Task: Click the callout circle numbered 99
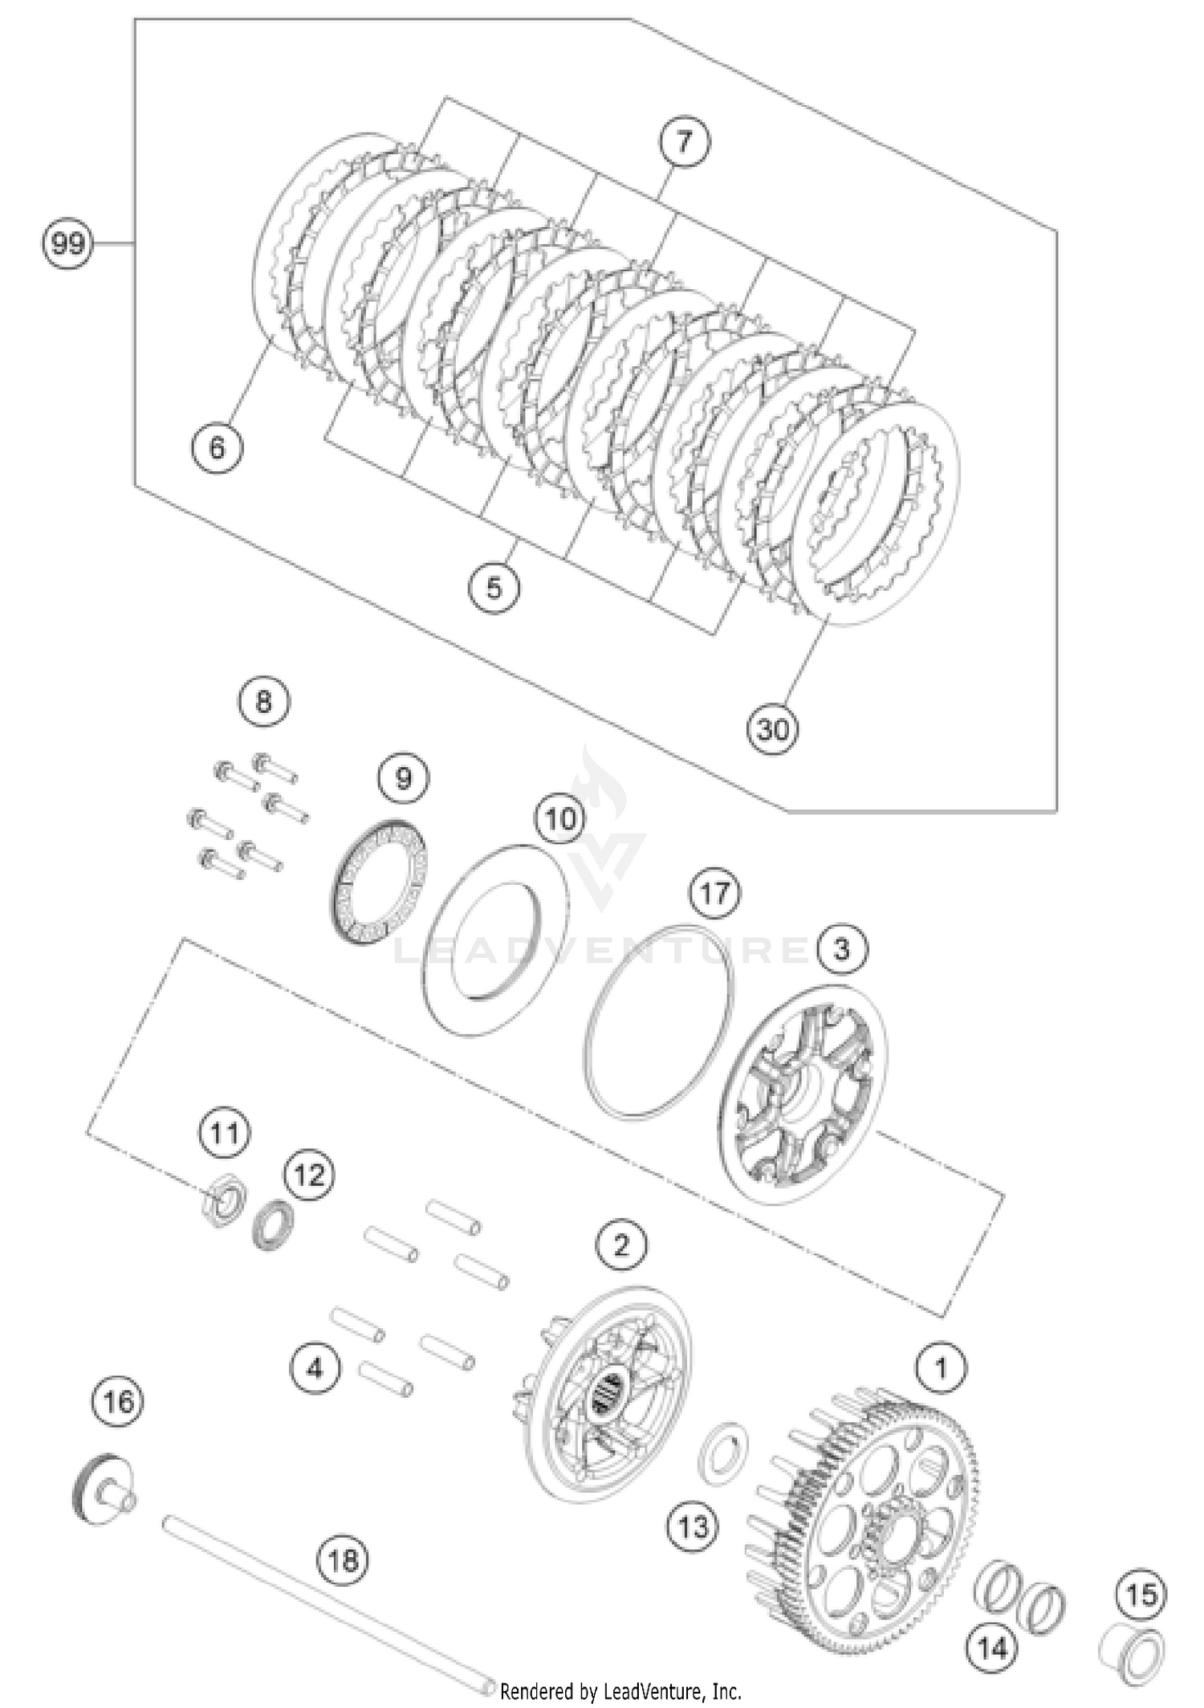point(67,243)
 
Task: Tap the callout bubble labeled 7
point(684,142)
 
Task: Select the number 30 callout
point(773,729)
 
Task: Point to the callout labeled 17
point(715,893)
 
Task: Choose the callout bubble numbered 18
point(344,1560)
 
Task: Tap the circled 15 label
point(1141,1594)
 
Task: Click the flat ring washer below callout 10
point(495,939)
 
